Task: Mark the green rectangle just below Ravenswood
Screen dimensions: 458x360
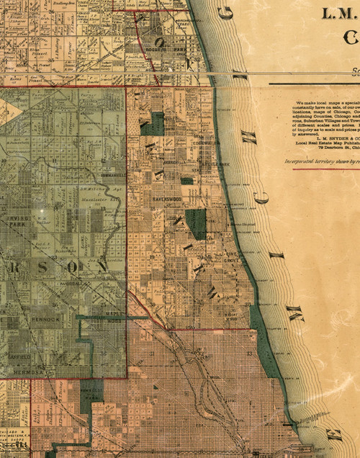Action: (195, 224)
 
